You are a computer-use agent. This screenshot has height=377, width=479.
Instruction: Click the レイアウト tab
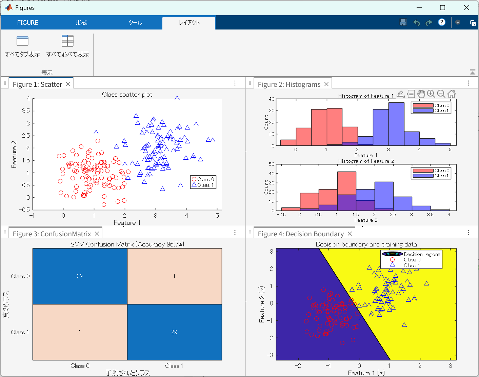point(189,23)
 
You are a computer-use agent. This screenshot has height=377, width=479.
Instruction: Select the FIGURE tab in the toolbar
point(27,23)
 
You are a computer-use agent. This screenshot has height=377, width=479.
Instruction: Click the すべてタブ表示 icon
point(22,41)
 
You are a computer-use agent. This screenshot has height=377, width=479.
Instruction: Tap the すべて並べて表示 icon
point(67,41)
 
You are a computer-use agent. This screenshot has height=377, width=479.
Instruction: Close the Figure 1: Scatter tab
point(68,84)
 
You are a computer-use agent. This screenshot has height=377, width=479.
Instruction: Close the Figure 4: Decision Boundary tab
point(350,234)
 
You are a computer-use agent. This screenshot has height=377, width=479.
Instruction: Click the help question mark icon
point(441,22)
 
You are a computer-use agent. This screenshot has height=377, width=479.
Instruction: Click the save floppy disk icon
point(403,22)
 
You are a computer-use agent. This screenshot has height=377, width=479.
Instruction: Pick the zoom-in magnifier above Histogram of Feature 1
point(431,94)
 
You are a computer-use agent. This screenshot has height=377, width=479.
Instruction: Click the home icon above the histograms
point(451,94)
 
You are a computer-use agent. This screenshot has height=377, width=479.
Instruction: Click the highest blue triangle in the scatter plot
point(177,98)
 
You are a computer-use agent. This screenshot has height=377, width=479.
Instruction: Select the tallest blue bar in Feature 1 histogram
point(396,124)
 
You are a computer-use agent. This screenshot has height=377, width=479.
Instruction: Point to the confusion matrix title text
point(127,244)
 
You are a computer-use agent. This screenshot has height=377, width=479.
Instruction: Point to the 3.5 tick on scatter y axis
point(26,111)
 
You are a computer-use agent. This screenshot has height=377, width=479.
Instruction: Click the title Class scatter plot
point(127,95)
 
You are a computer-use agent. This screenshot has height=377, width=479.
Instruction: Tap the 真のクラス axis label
point(6,304)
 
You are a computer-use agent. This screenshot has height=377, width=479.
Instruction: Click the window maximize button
point(442,8)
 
